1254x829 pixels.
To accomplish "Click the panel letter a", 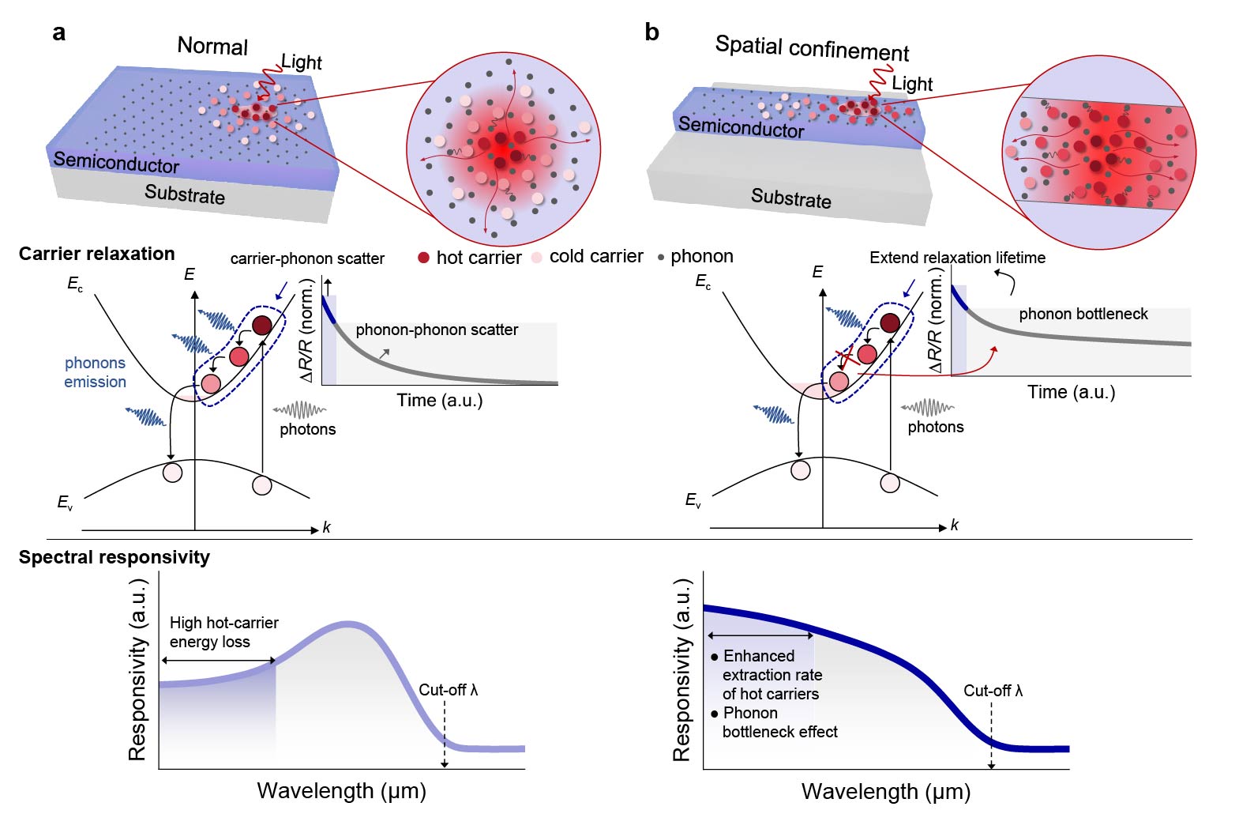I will coord(58,33).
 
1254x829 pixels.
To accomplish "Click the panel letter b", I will coord(651,32).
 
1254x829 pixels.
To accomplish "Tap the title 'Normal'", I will coord(212,46).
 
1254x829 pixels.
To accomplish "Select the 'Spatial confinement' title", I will coord(812,48).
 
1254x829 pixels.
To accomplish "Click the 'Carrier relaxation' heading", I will coord(96,254).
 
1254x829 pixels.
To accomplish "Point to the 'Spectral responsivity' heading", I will coord(114,557).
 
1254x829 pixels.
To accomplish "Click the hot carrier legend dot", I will coord(423,257).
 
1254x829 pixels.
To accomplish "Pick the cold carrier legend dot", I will coord(537,257).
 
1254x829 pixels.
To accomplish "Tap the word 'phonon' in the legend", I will coord(701,256).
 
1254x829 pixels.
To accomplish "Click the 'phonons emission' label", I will coord(95,372).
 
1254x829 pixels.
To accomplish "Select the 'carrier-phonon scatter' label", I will coord(307,258).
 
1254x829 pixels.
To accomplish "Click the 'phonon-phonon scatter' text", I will coord(437,330).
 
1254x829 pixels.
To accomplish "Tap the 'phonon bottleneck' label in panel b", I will coord(1083,314).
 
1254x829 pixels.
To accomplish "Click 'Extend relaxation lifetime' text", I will coord(957,258).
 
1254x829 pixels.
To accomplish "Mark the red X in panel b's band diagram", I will coord(847,359).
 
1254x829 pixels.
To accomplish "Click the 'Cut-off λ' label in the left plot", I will coord(448,690).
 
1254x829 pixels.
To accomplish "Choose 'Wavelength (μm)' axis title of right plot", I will coord(885,791).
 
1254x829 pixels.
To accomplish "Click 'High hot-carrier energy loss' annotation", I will coord(223,632).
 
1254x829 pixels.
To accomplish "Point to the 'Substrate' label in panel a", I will coord(185,194).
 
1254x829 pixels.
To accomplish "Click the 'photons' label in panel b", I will coord(936,427).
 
